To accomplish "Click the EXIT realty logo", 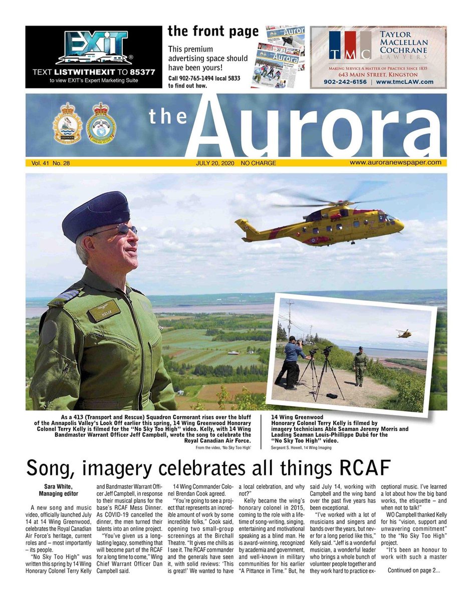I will pyautogui.click(x=94, y=48).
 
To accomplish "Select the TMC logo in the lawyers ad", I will pyautogui.click(x=350, y=46).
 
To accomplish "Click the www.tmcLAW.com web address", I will pyautogui.click(x=405, y=82).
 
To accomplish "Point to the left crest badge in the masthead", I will pyautogui.click(x=68, y=123).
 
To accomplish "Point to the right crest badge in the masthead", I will pyautogui.click(x=101, y=123).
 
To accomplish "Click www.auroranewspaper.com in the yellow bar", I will pyautogui.click(x=395, y=163).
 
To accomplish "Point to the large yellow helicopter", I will pyautogui.click(x=321, y=224).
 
